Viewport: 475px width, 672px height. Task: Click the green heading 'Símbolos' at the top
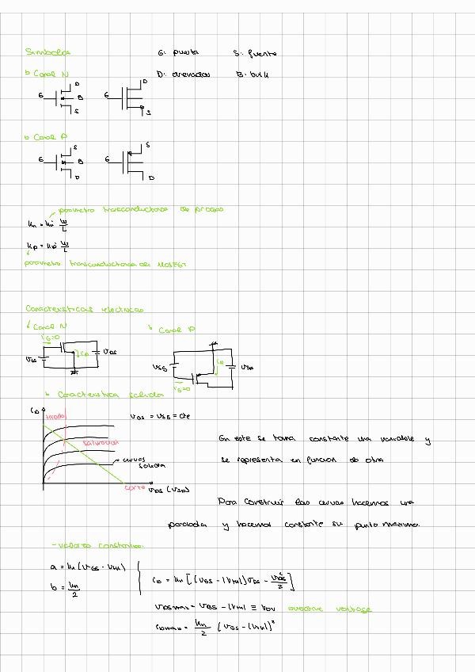pos(47,52)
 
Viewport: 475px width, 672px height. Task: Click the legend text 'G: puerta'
pos(178,53)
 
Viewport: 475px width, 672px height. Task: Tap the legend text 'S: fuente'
pos(255,54)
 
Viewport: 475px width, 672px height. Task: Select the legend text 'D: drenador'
pos(184,74)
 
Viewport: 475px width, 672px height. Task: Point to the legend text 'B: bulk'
pos(254,74)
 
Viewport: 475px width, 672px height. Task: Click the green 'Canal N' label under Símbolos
pos(47,74)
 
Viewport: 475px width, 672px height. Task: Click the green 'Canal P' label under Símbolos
pos(45,137)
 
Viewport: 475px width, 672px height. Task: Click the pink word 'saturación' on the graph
pos(100,442)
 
